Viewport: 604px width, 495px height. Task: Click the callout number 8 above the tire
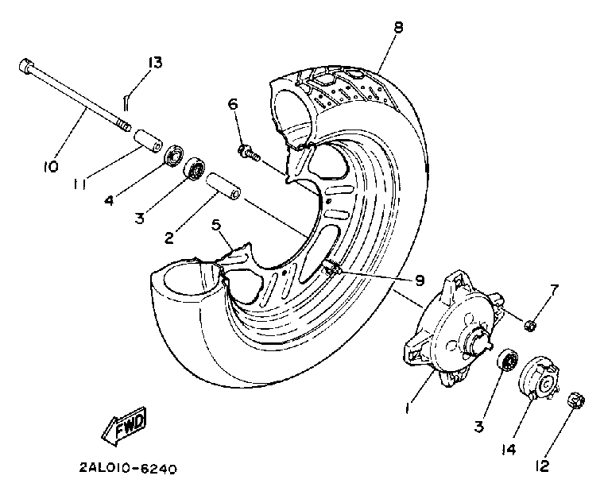click(397, 28)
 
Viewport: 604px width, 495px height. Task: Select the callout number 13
click(155, 63)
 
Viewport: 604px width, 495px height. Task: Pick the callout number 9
click(420, 280)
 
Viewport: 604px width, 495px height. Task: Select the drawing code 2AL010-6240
click(128, 468)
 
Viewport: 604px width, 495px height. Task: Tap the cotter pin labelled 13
click(126, 99)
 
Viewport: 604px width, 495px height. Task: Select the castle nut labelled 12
click(578, 402)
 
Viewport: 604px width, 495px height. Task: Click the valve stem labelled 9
click(335, 270)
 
